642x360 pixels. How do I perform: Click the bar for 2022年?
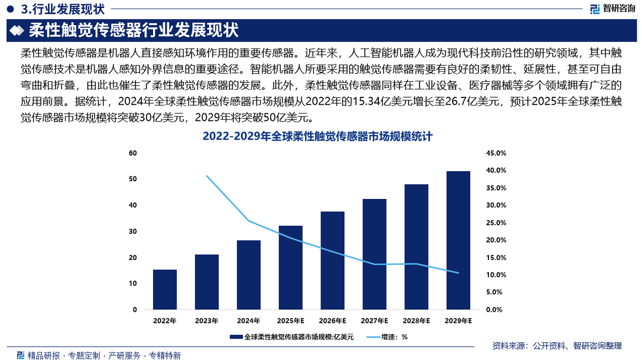click(165, 289)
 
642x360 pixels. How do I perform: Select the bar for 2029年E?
click(458, 240)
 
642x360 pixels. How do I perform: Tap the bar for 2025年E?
click(291, 267)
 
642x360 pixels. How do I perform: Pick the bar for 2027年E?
click(374, 254)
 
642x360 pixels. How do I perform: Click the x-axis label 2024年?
click(249, 321)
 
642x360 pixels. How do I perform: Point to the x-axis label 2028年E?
click(416, 321)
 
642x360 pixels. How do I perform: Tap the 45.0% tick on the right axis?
click(495, 153)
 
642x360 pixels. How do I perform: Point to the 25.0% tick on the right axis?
click(495, 223)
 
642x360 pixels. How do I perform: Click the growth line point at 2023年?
click(207, 176)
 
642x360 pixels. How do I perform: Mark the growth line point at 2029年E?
click(458, 273)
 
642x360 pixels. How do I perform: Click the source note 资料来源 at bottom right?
click(556, 346)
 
